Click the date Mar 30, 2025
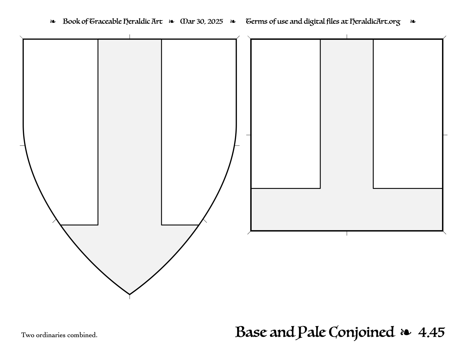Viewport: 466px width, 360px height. pos(202,21)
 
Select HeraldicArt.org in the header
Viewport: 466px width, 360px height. pos(375,22)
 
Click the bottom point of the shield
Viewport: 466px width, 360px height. pos(130,294)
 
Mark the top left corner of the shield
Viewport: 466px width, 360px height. pos(23,39)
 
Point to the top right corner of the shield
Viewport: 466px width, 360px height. pos(236,39)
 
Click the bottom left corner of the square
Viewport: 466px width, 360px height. pos(251,231)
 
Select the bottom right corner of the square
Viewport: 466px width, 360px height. pos(443,231)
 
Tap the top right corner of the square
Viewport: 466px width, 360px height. pos(443,39)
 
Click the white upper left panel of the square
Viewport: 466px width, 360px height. pos(286,114)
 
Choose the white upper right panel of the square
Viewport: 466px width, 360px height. pos(408,114)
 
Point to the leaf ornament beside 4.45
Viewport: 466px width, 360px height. pos(406,333)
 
